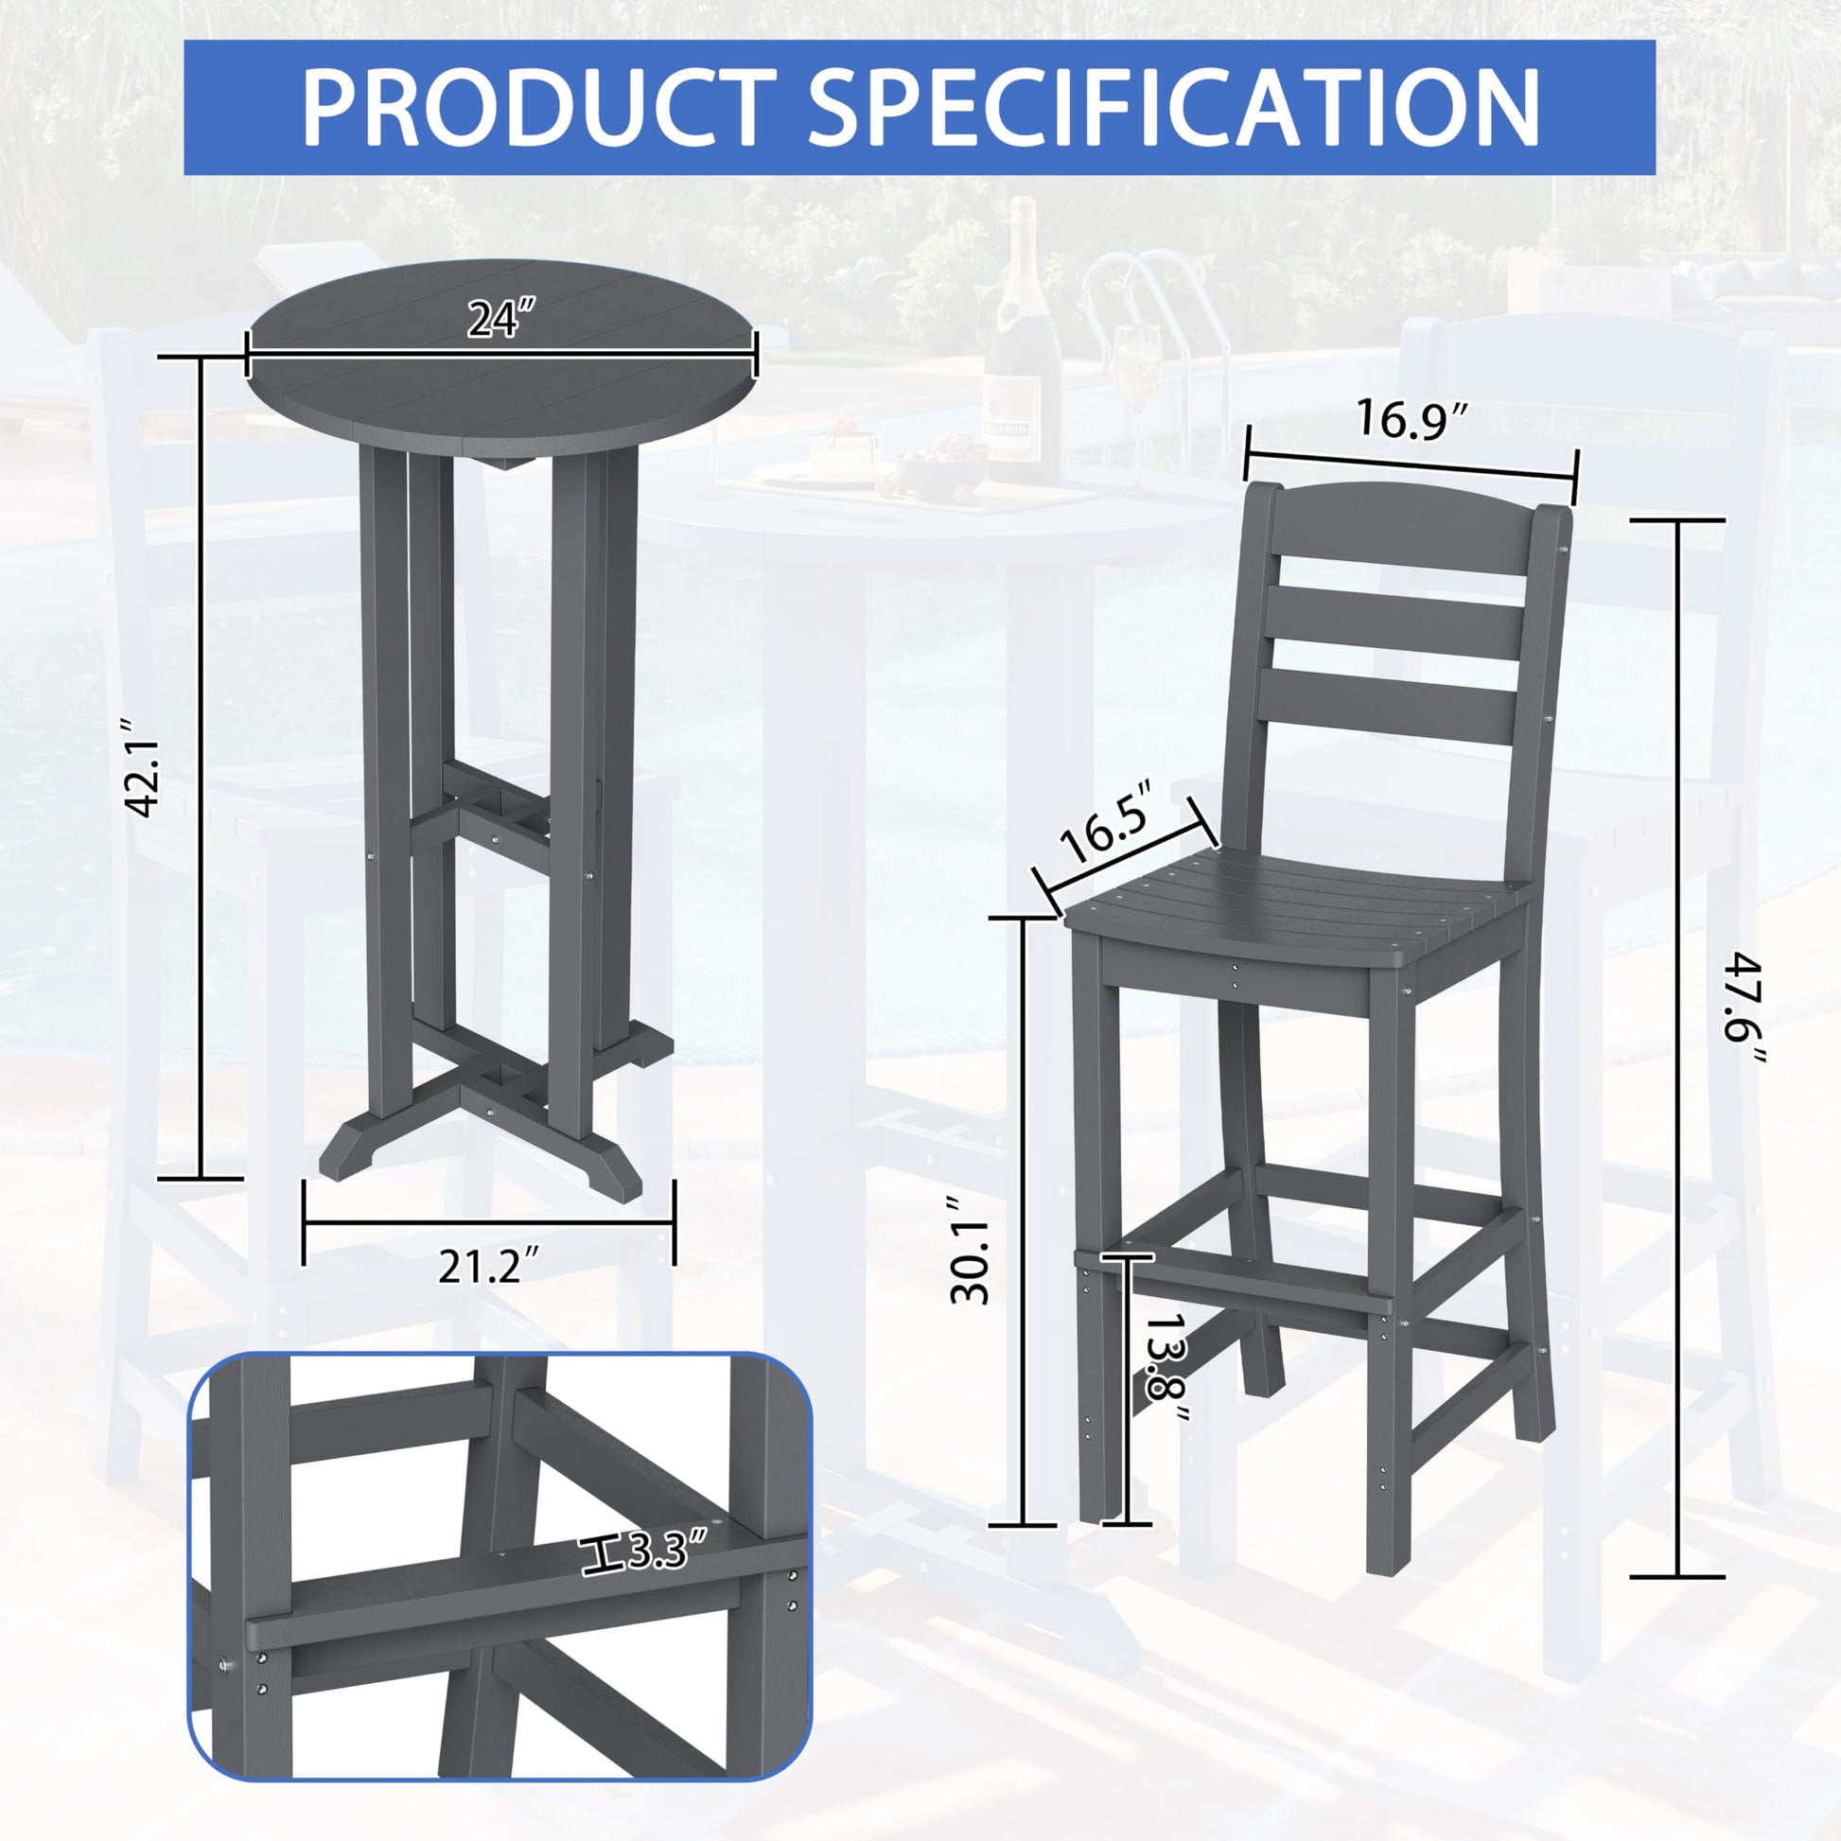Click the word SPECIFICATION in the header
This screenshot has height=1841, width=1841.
(x=1175, y=107)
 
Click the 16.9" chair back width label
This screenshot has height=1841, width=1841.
(x=1412, y=419)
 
